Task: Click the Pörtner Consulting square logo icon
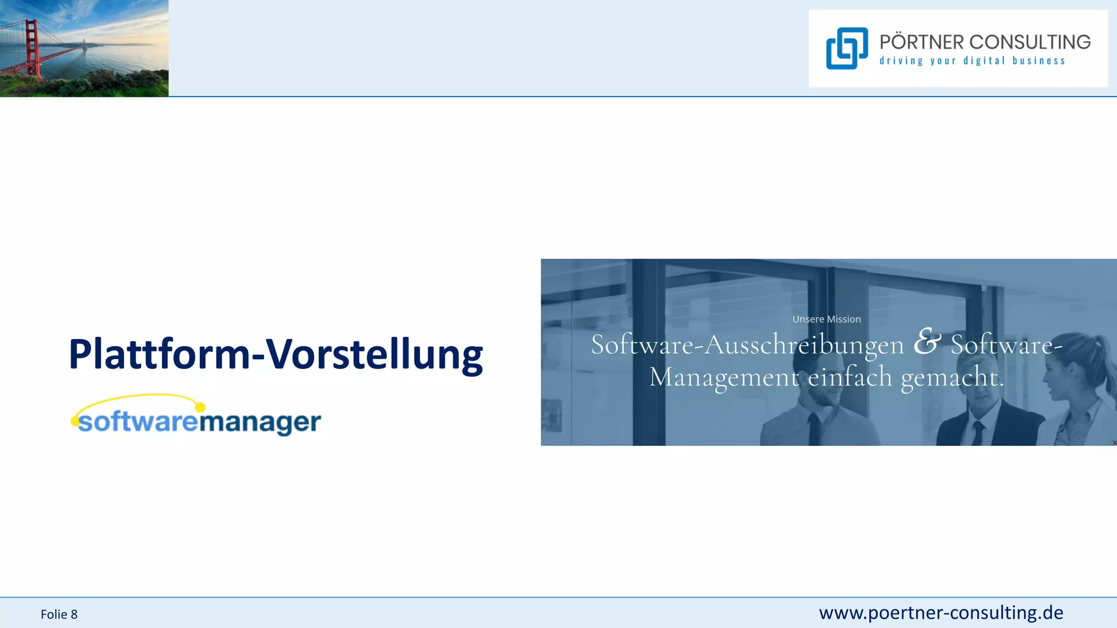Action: tap(846, 49)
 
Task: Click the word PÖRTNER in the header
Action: tap(921, 43)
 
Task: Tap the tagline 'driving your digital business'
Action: tap(972, 61)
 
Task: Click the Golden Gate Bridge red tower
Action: tap(32, 46)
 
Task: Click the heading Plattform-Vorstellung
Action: tap(275, 355)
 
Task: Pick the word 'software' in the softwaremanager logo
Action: tap(137, 422)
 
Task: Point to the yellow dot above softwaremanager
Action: tap(200, 407)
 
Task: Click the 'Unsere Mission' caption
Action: tap(826, 319)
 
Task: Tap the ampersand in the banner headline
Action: tap(927, 342)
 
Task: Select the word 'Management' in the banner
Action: tap(724, 377)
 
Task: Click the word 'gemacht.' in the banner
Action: tap(952, 377)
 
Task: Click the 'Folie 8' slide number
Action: tap(59, 614)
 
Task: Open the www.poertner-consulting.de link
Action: tap(941, 613)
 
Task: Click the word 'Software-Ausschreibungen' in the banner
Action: tap(747, 345)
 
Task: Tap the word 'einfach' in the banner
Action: tap(849, 377)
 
